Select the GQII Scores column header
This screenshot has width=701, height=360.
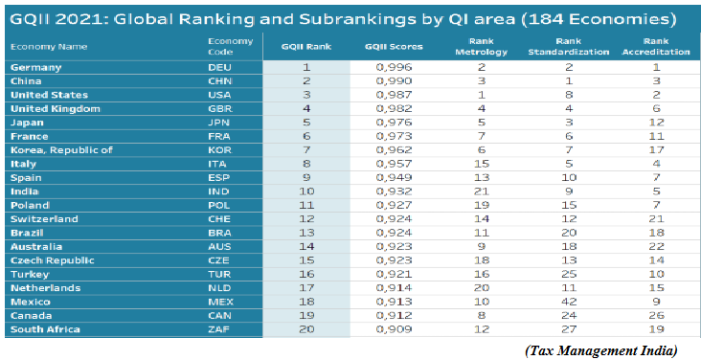394,47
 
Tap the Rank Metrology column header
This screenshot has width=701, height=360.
481,47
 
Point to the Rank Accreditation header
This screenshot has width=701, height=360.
656,47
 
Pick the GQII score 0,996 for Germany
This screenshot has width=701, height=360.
394,68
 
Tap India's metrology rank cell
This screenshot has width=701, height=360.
481,191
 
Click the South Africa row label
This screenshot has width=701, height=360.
45,329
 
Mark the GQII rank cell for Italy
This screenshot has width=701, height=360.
306,164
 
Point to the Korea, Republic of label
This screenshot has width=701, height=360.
61,150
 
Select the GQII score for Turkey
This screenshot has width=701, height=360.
394,274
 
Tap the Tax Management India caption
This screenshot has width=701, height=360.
601,350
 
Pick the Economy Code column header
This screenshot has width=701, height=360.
230,47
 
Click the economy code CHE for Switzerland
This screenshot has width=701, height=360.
219,219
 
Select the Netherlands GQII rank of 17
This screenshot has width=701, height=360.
305,288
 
